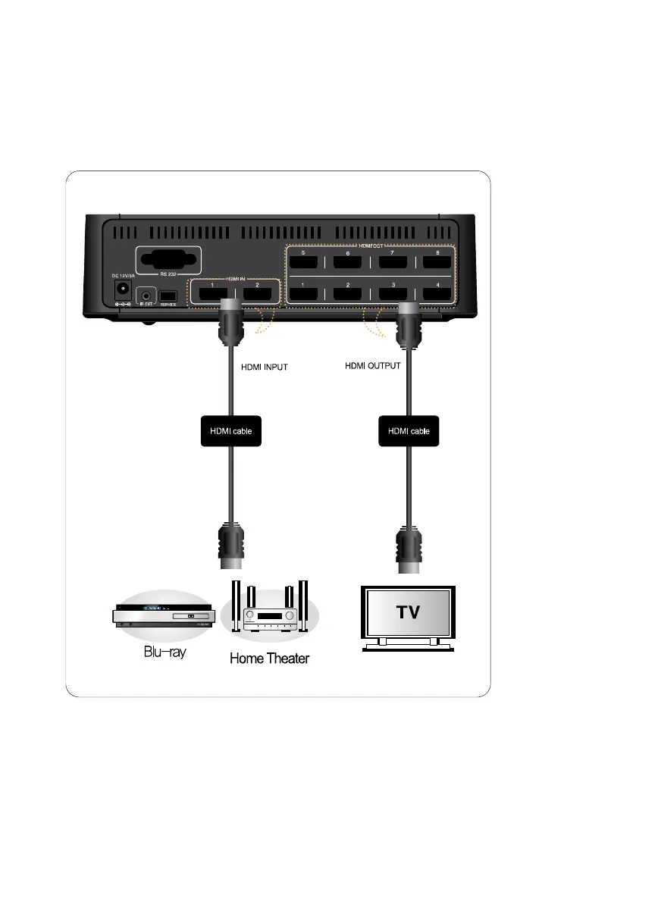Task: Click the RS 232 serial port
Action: click(x=167, y=260)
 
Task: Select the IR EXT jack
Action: click(x=145, y=294)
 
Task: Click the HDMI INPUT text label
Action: click(x=263, y=368)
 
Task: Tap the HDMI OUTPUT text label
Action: click(x=372, y=365)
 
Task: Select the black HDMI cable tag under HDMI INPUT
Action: click(x=230, y=430)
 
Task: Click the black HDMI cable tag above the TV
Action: click(x=409, y=430)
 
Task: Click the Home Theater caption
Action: click(x=270, y=658)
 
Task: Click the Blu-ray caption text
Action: click(x=164, y=652)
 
